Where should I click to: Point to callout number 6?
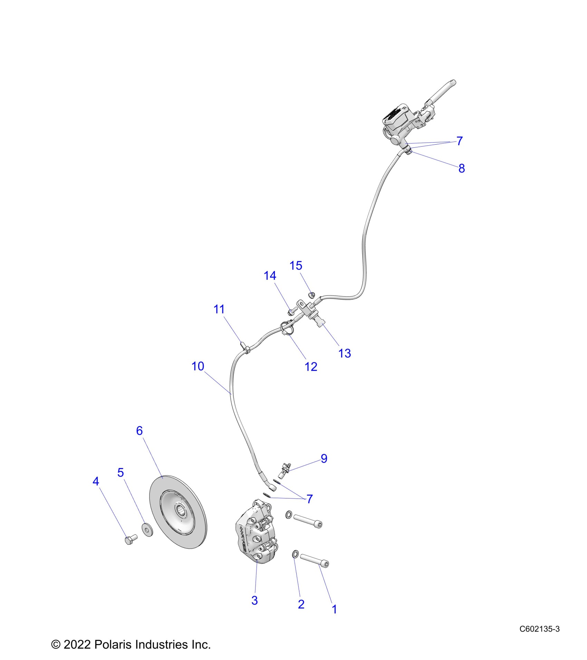pyautogui.click(x=139, y=431)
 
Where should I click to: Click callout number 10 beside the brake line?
pyautogui.click(x=198, y=366)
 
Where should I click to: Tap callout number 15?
pyautogui.click(x=296, y=265)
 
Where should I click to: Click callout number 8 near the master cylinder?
pyautogui.click(x=462, y=168)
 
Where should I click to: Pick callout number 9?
pyautogui.click(x=324, y=458)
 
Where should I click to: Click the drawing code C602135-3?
pyautogui.click(x=539, y=629)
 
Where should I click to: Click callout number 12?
pyautogui.click(x=311, y=367)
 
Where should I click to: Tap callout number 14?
pyautogui.click(x=270, y=275)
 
